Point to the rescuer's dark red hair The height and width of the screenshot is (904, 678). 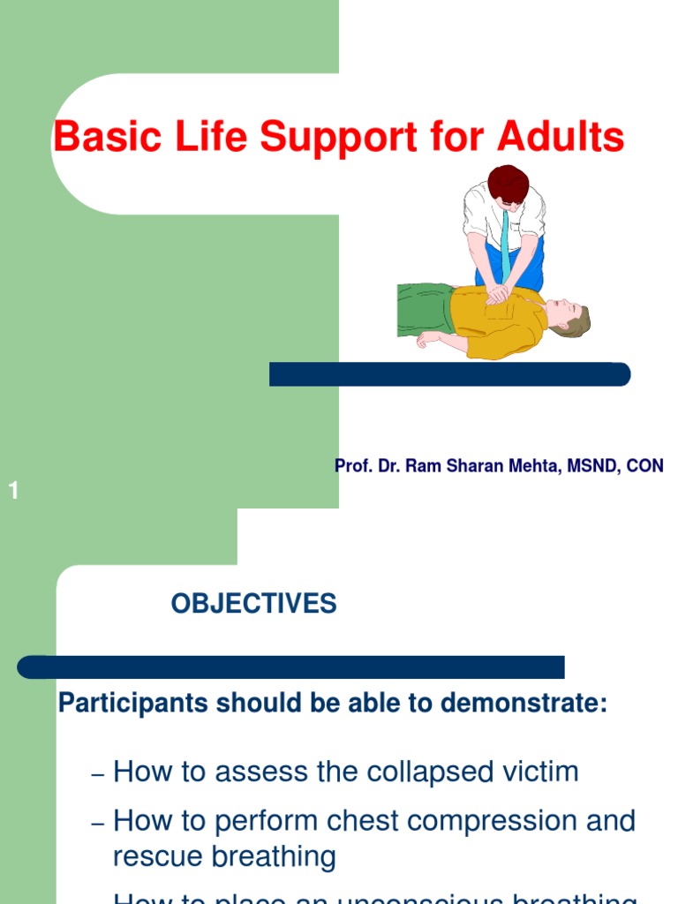[508, 183]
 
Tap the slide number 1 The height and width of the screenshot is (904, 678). [14, 492]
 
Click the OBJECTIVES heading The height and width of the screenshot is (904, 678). [253, 604]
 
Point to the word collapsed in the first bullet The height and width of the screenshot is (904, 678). [436, 772]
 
